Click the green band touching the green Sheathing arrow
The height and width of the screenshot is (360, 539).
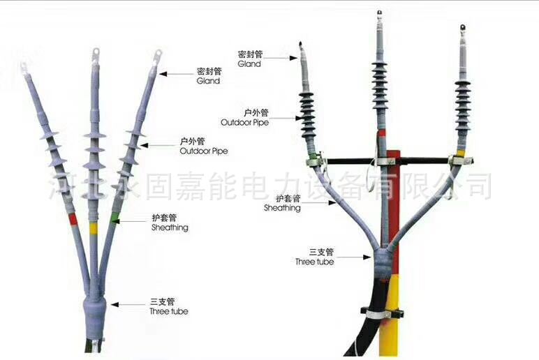point(115,218)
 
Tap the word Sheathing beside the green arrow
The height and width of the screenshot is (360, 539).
point(170,227)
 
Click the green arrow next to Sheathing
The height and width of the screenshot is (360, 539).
point(132,222)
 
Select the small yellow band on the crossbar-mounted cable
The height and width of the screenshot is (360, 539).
point(461,151)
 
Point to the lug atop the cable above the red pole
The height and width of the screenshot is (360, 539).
point(381,13)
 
